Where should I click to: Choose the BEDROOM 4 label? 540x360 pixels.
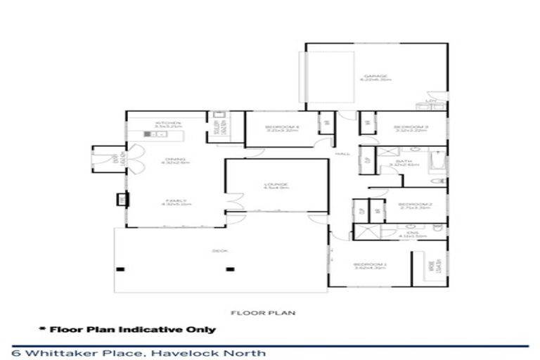click(272, 127)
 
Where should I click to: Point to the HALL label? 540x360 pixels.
click(343, 153)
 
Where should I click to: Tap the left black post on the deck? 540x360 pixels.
click(121, 269)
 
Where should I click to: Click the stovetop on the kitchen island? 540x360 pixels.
click(150, 133)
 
